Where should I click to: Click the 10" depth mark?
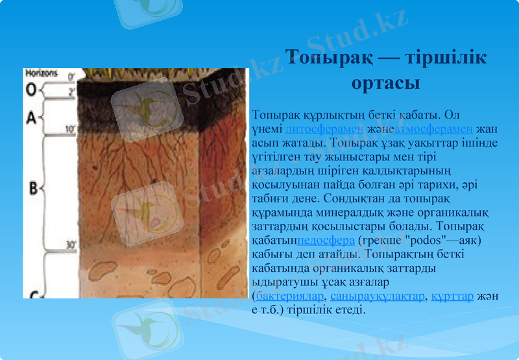[71, 130]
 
